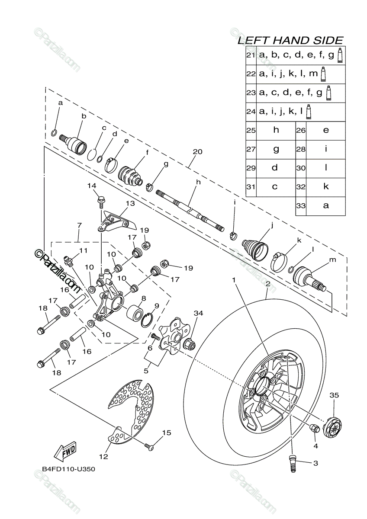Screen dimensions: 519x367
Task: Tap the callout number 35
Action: pyautogui.click(x=334, y=395)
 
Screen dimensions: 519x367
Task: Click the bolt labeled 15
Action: pyautogui.click(x=149, y=445)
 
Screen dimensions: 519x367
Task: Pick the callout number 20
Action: pyautogui.click(x=198, y=152)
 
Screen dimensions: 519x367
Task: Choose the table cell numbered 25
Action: pyautogui.click(x=251, y=130)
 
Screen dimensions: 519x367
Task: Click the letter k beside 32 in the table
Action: pyautogui.click(x=326, y=186)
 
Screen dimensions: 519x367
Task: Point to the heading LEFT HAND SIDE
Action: pyautogui.click(x=290, y=40)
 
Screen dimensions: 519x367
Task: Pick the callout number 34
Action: pyautogui.click(x=198, y=313)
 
